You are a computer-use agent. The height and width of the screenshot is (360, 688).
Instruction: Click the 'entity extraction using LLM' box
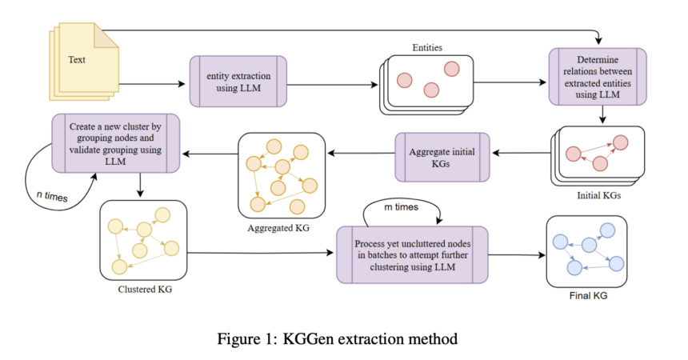(238, 81)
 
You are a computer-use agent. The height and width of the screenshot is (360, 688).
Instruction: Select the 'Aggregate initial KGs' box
(441, 156)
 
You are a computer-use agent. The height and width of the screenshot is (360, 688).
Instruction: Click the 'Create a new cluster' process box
(114, 142)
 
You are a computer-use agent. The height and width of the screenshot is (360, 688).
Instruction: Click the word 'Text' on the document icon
(77, 60)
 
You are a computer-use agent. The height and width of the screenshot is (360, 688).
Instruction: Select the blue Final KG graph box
(586, 251)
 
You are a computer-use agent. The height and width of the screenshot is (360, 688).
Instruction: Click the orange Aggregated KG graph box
(280, 174)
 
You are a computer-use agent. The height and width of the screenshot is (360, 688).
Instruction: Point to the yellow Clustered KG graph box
(144, 239)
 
